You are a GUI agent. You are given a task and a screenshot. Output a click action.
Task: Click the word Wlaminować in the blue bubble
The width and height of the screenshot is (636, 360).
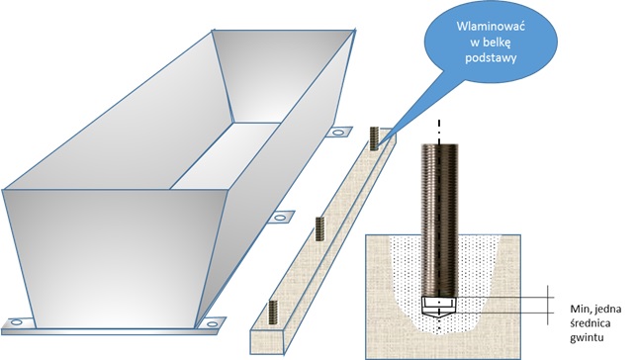pos(491,27)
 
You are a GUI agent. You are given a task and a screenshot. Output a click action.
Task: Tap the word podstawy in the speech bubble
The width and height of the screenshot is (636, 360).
pos(491,58)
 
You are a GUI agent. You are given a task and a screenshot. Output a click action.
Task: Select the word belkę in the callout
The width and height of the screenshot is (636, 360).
pos(497,43)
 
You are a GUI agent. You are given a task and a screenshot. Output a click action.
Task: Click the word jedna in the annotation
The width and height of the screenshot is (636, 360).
pos(607,309)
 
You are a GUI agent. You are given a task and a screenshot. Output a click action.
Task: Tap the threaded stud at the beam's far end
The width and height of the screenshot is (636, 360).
pos(374,138)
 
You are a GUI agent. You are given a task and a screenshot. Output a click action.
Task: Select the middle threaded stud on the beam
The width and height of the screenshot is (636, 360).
pos(320,229)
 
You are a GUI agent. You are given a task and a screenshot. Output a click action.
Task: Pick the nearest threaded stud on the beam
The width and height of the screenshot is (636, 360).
pos(273,313)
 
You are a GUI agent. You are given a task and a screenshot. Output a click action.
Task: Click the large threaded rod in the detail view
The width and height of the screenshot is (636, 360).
pos(439,220)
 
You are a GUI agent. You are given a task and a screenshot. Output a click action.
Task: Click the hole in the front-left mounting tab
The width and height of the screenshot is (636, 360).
pos(16,322)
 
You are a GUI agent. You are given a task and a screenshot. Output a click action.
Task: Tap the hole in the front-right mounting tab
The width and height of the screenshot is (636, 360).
pos(212,324)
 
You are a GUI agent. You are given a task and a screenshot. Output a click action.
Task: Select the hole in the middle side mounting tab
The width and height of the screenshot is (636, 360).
pos(280,218)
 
